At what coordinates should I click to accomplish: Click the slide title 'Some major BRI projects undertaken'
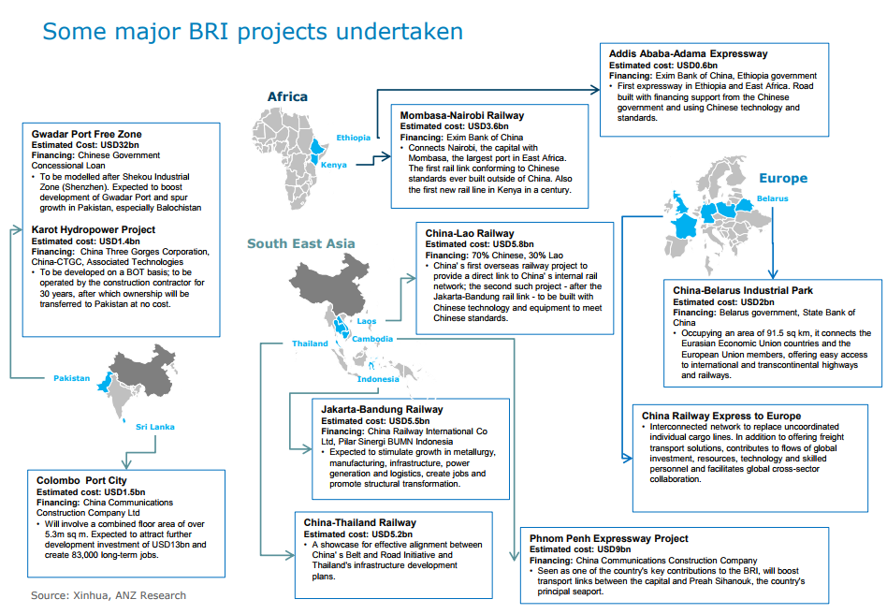click(253, 32)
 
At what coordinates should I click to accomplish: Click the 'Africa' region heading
click(287, 96)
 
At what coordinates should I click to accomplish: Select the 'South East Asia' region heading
click(300, 243)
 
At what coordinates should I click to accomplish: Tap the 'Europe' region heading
click(782, 178)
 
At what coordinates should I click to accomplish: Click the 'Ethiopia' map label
click(353, 138)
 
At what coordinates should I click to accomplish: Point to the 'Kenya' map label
click(334, 165)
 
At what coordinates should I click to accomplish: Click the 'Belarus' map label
click(773, 198)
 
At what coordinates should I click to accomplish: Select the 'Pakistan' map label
click(71, 378)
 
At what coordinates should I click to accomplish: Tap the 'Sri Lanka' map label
click(154, 426)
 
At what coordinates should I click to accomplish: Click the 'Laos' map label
click(366, 320)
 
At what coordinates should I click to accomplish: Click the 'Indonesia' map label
click(378, 379)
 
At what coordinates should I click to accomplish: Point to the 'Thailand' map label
click(310, 344)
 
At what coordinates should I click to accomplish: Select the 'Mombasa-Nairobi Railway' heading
click(461, 115)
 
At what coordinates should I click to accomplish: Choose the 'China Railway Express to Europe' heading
click(720, 416)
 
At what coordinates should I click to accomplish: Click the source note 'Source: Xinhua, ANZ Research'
click(108, 595)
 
